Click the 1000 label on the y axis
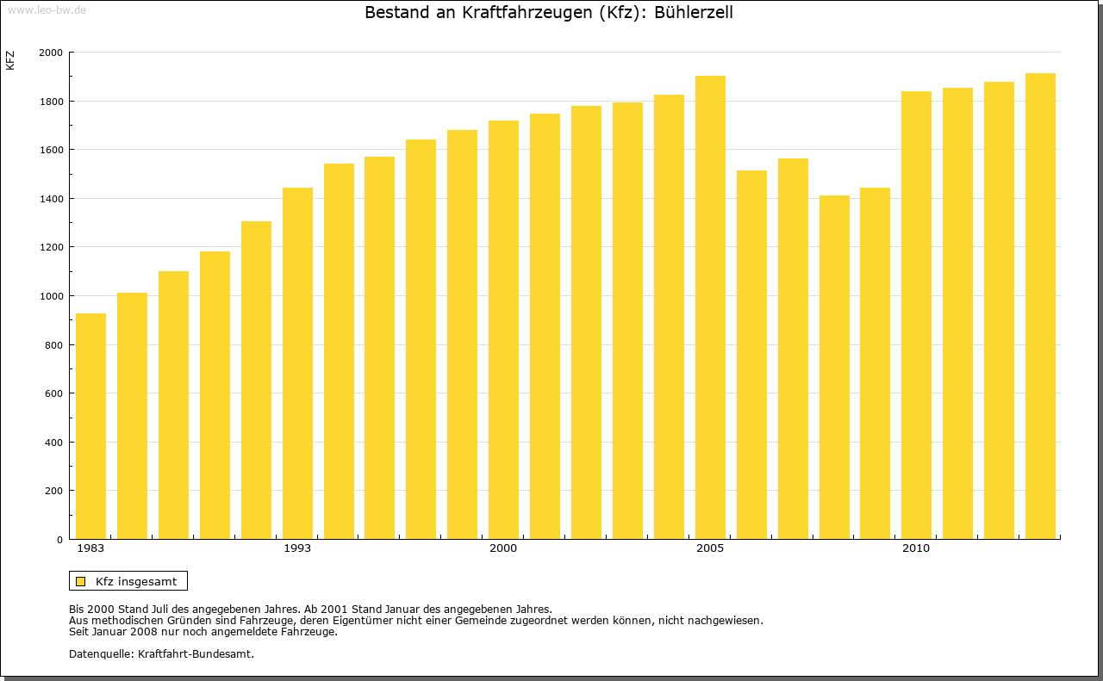(x=51, y=296)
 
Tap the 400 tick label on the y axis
(x=53, y=443)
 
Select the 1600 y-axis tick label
(x=51, y=150)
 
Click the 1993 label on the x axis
(x=297, y=548)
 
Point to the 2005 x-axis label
(x=710, y=548)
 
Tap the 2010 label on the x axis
(x=916, y=548)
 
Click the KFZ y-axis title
(x=10, y=60)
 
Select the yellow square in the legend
(x=80, y=581)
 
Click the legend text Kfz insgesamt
(x=136, y=581)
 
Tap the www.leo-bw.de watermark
(x=47, y=10)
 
